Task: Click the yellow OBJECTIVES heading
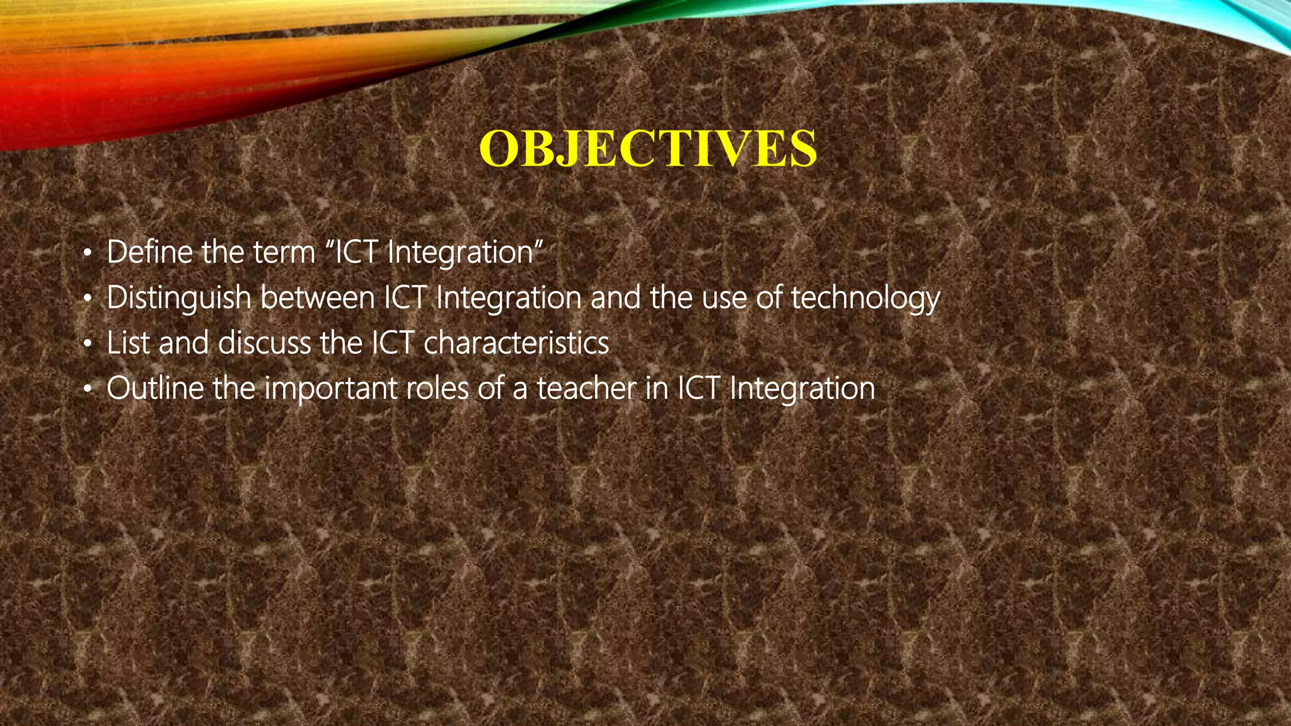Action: pos(647,149)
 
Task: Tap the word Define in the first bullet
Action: pos(149,252)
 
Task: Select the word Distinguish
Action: pos(179,299)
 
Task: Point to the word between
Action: pos(318,297)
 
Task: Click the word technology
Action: pos(865,299)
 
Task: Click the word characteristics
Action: pos(516,343)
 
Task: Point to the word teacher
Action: pos(586,388)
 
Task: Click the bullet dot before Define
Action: pos(88,255)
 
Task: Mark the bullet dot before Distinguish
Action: pos(88,300)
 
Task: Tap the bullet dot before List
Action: pos(88,345)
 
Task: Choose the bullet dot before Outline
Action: pos(88,391)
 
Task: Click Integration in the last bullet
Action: pos(802,389)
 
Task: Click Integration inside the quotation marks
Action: pos(460,253)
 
